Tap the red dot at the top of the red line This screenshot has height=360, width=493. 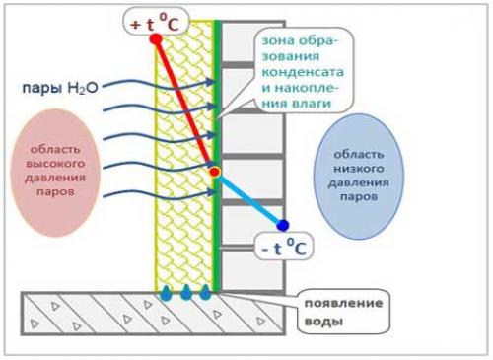[156, 39]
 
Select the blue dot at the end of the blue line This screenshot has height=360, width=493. [283, 225]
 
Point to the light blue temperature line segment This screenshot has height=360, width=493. [248, 198]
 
